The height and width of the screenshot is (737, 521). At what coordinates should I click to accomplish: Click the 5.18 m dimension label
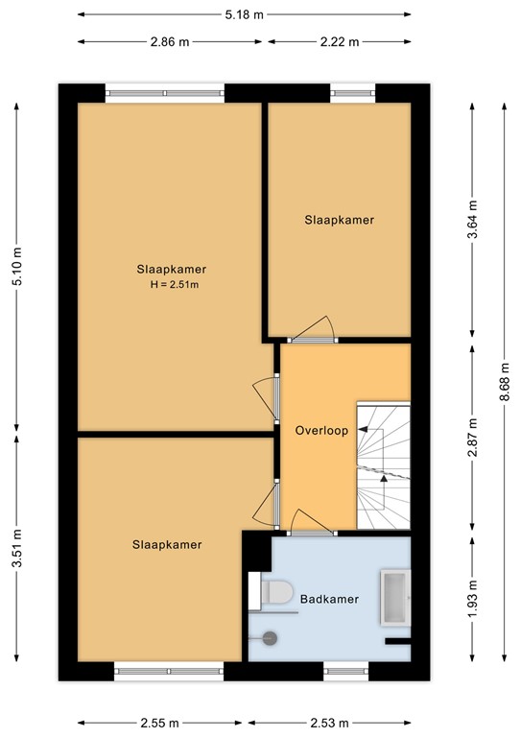pyautogui.click(x=245, y=15)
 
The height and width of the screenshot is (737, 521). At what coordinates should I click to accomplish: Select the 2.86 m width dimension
pyautogui.click(x=168, y=42)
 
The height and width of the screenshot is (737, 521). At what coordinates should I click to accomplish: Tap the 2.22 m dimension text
pyautogui.click(x=340, y=42)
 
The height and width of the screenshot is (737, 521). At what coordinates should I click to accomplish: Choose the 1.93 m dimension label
pyautogui.click(x=470, y=598)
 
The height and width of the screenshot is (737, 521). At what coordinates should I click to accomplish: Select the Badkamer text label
pyautogui.click(x=329, y=599)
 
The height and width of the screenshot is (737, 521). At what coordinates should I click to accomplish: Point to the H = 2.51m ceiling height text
pyautogui.click(x=173, y=284)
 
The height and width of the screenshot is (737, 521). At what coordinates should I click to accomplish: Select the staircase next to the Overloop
pyautogui.click(x=383, y=465)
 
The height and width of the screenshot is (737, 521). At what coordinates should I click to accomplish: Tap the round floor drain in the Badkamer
pyautogui.click(x=270, y=635)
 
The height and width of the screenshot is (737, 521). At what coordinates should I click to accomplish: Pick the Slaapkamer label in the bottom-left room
pyautogui.click(x=167, y=545)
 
